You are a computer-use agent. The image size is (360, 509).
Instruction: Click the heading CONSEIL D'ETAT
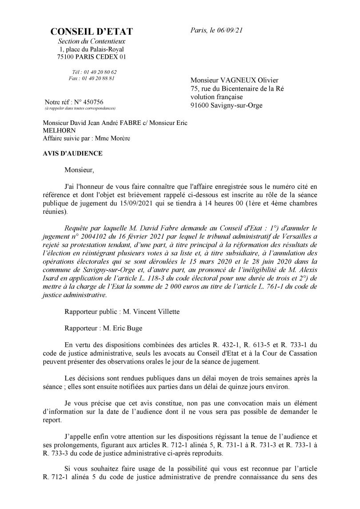click(92, 32)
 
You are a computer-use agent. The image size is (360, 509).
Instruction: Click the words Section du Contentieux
click(92, 41)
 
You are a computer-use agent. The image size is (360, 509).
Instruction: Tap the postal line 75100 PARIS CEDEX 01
click(92, 57)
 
